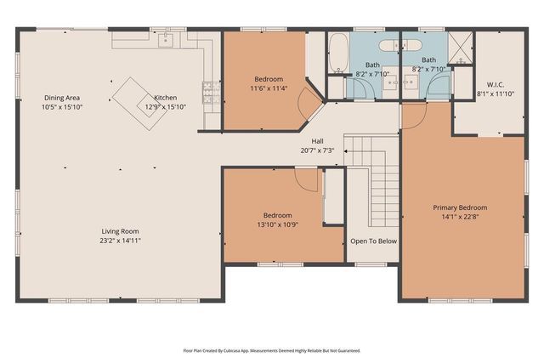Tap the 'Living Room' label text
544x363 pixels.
click(120, 230)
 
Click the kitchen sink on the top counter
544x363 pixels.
click(167, 39)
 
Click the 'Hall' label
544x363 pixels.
click(317, 141)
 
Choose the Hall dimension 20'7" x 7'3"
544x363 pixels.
click(317, 150)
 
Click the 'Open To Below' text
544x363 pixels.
click(373, 241)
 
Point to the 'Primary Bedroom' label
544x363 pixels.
click(460, 207)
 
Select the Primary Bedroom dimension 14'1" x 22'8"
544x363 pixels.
click(460, 217)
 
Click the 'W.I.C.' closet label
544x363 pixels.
click(496, 84)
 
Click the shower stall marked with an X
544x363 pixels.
click(460, 47)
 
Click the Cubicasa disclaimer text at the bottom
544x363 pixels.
click(271, 349)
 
